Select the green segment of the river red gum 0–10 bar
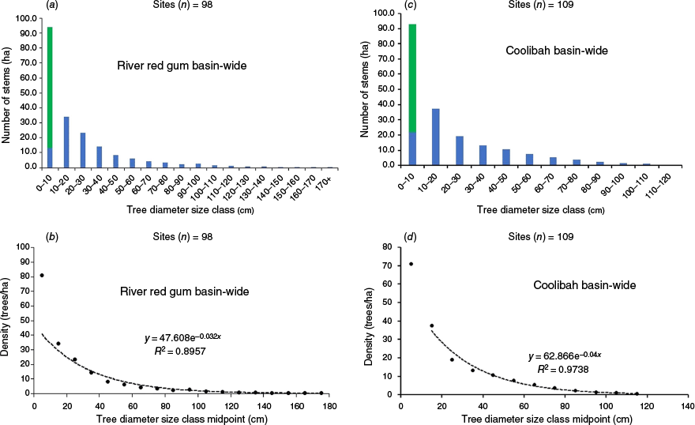[50, 87]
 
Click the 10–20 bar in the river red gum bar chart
[66, 142]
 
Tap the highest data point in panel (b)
[42, 275]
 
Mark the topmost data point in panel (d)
[411, 264]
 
